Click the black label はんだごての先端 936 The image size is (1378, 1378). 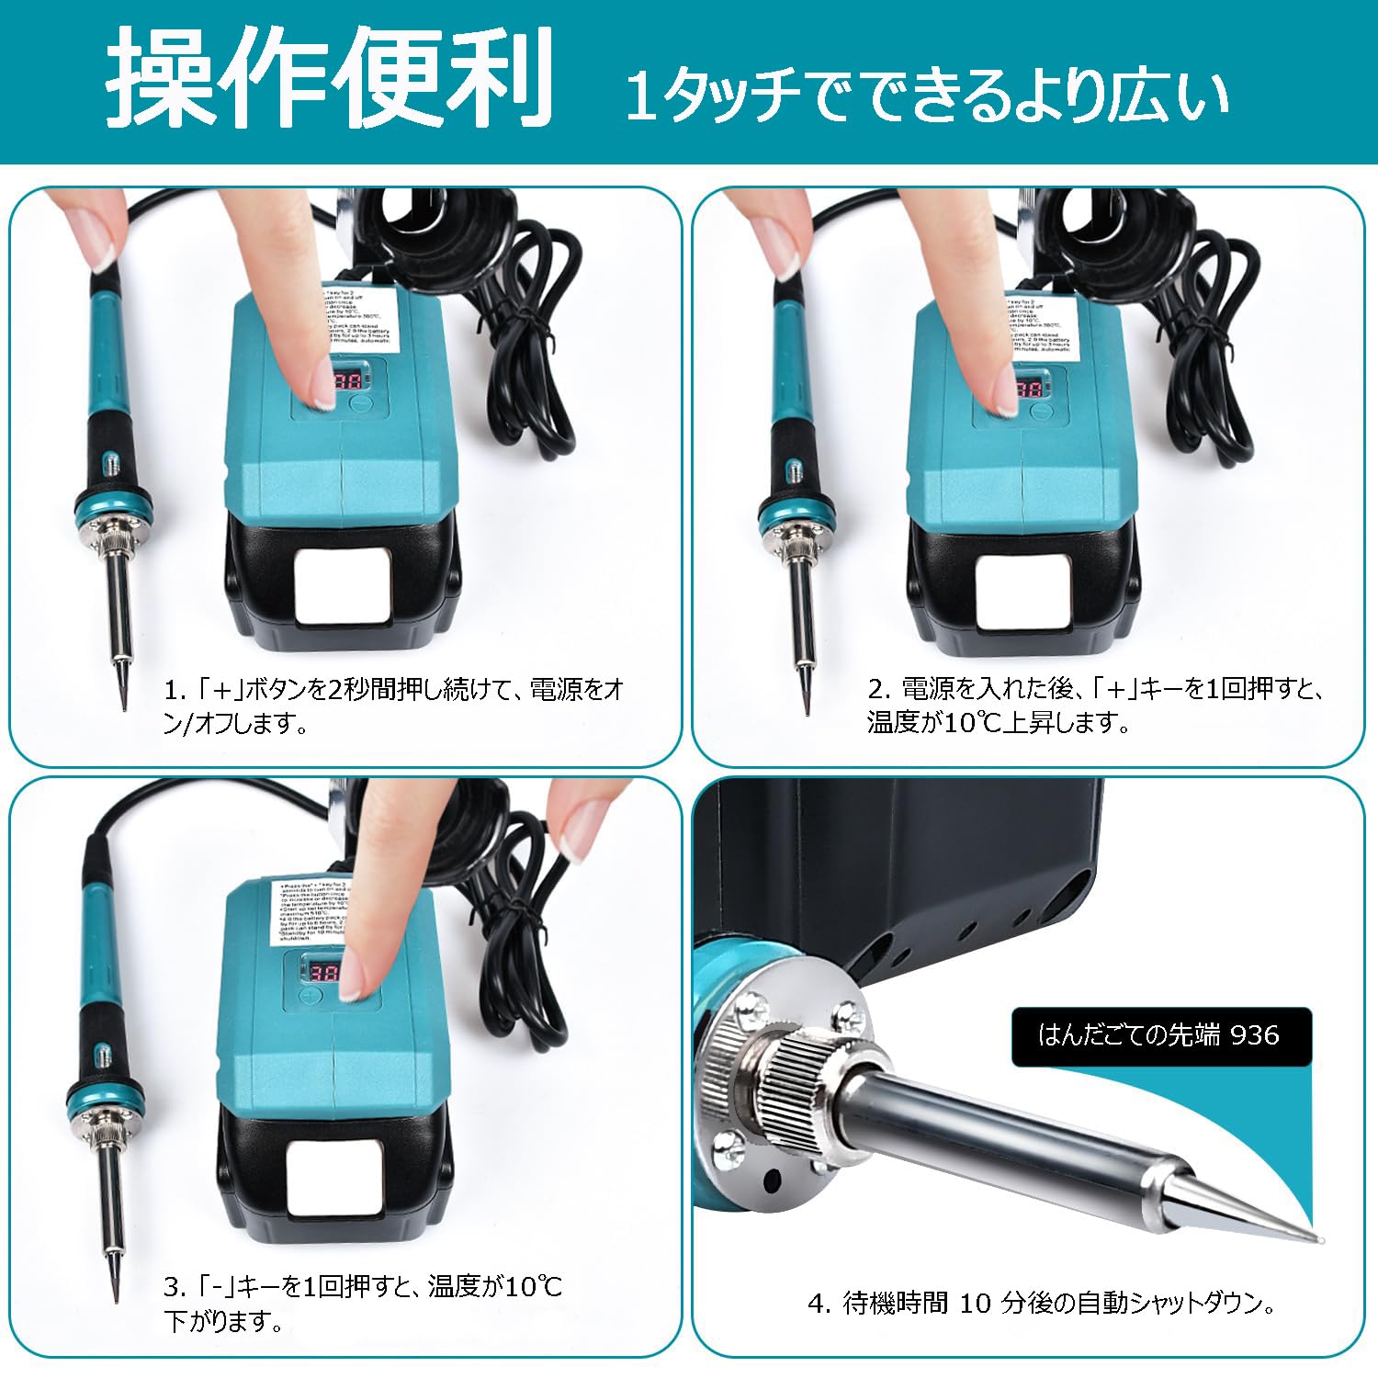tap(1159, 1035)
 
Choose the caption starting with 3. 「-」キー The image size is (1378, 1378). tap(363, 1303)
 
